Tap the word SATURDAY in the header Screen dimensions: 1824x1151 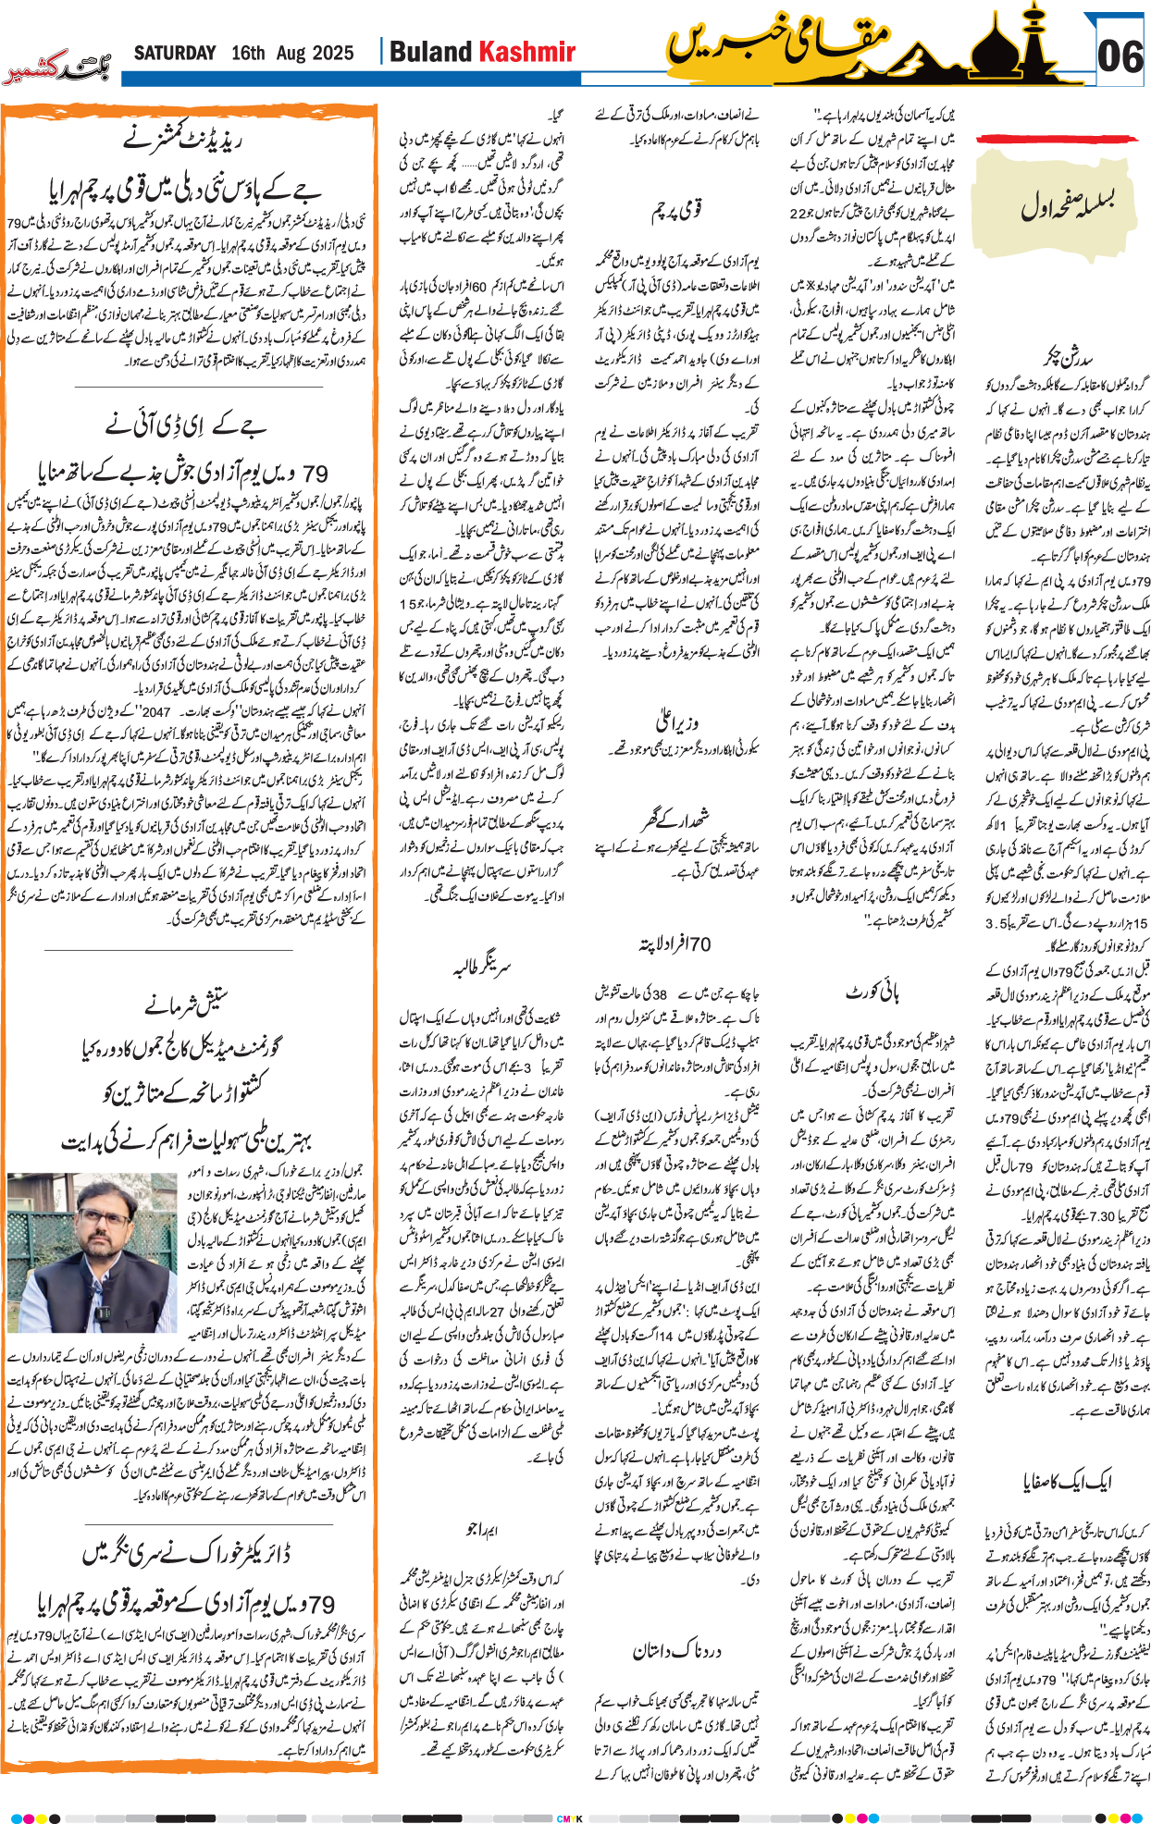[175, 53]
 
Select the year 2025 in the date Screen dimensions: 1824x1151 [331, 53]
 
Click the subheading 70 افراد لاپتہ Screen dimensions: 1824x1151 [675, 944]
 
